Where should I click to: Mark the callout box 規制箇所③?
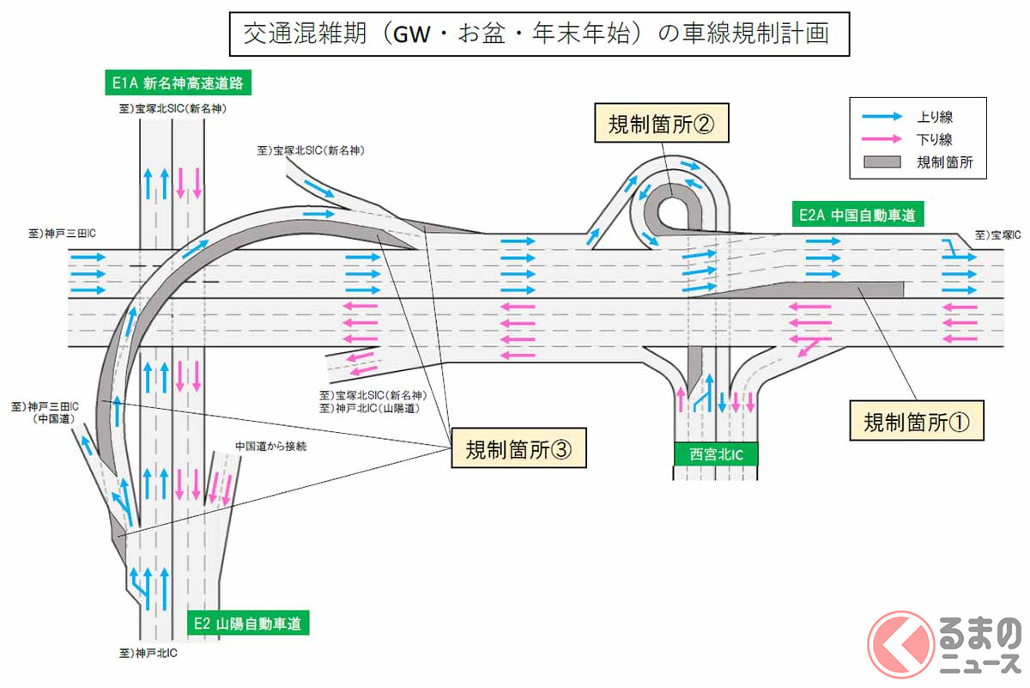pos(518,448)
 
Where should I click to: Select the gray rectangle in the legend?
pos(881,161)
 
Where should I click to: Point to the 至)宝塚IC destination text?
pos(997,234)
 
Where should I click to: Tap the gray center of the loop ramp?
pos(671,204)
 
